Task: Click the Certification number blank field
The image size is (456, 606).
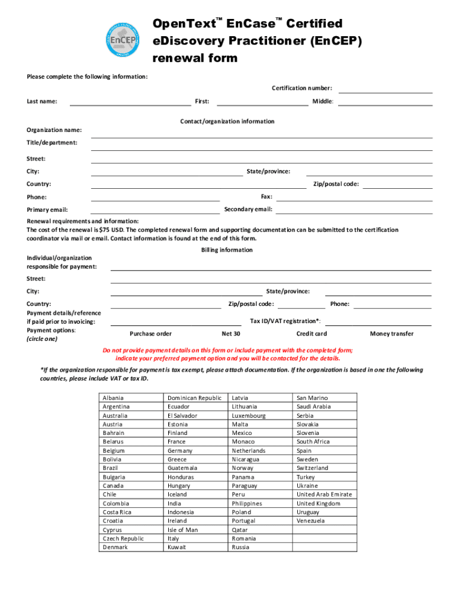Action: click(x=386, y=90)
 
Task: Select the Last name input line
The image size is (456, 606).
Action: click(x=130, y=102)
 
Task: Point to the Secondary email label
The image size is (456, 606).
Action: click(x=248, y=209)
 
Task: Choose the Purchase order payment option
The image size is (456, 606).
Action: click(x=150, y=334)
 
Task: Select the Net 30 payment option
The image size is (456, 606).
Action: click(x=230, y=334)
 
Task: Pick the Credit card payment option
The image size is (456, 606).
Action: click(x=312, y=334)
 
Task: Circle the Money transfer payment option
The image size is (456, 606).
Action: click(x=391, y=334)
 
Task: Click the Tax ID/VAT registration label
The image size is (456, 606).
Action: click(x=285, y=321)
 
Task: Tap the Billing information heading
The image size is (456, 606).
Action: click(x=227, y=250)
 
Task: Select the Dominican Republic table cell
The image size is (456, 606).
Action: click(x=194, y=398)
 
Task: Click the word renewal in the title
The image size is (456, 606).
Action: click(x=173, y=58)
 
